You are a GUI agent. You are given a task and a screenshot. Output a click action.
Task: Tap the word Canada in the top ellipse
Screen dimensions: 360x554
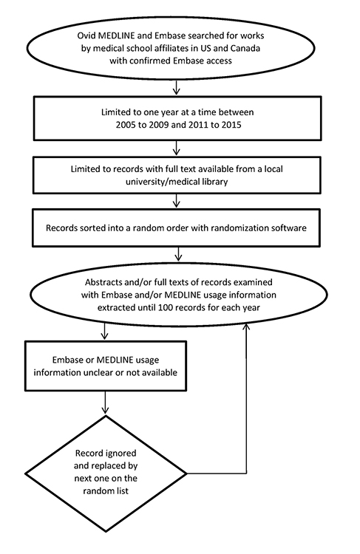tap(245, 48)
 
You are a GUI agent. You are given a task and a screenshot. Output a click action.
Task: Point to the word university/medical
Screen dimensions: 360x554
tap(160, 182)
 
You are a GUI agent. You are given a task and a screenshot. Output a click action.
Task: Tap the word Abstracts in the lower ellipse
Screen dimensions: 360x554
tap(102, 282)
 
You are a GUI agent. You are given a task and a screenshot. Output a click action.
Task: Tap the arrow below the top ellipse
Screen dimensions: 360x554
tap(176, 86)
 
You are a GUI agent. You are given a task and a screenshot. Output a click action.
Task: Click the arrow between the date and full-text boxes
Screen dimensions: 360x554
tap(176, 147)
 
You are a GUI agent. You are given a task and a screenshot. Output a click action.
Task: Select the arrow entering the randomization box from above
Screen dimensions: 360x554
tap(176, 200)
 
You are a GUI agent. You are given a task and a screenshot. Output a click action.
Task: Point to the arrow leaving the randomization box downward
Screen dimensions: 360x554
tap(179, 253)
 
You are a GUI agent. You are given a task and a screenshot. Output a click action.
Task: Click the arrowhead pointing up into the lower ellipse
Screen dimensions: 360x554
tap(246, 326)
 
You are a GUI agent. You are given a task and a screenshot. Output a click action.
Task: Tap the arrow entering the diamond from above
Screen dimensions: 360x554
tap(106, 402)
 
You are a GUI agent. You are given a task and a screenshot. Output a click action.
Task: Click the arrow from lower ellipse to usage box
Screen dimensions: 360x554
tap(105, 332)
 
